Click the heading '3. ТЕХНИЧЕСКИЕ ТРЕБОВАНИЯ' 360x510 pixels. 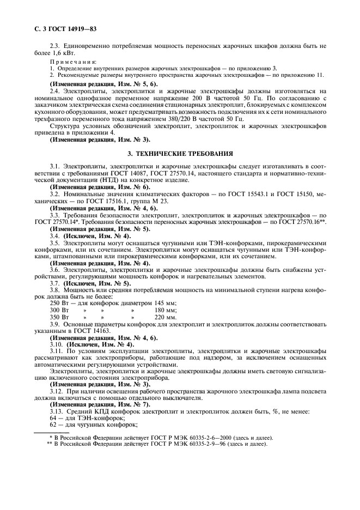point(180,154)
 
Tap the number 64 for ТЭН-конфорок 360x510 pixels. point(53,417)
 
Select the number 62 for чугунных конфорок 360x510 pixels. point(53,424)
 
